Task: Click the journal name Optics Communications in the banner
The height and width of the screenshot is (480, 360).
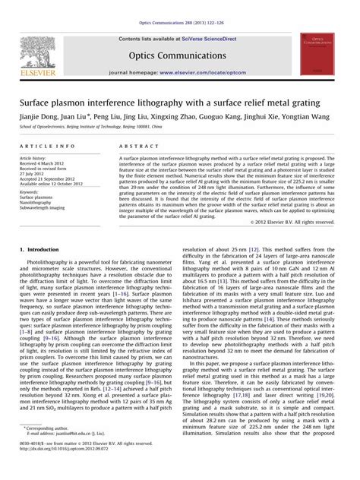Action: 179,55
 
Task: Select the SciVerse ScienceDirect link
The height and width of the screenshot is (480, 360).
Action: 204,37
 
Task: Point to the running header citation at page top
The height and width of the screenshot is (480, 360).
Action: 180,6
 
